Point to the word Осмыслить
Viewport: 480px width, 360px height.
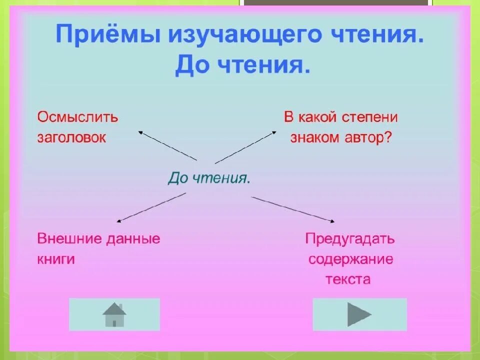[x=77, y=117]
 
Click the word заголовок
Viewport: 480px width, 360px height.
[x=71, y=138]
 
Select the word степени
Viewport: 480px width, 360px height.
[x=370, y=117]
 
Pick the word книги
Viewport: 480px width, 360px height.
[x=56, y=259]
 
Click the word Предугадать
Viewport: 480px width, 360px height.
[x=350, y=238]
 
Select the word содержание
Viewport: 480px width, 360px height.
[x=350, y=259]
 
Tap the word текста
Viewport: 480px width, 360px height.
[x=348, y=279]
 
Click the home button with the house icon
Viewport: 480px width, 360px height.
[x=114, y=314]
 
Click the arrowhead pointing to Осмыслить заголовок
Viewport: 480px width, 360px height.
[x=140, y=132]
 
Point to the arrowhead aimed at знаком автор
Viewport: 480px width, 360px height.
[x=274, y=131]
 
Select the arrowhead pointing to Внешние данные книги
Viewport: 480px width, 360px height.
[x=118, y=221]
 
